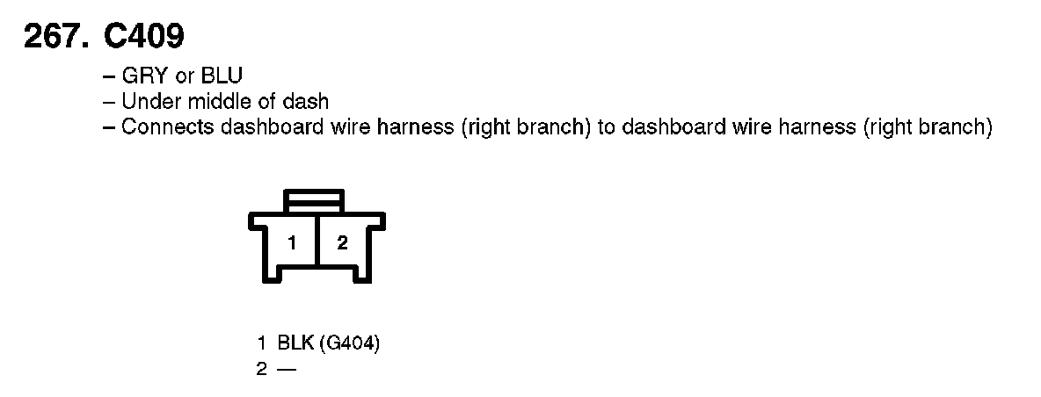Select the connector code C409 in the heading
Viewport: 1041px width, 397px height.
(x=143, y=36)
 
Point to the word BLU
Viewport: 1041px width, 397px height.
(x=222, y=76)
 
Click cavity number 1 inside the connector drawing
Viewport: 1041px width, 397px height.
(x=290, y=243)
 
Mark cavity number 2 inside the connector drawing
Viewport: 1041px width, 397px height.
(x=343, y=243)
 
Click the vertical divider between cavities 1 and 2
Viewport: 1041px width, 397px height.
(x=317, y=243)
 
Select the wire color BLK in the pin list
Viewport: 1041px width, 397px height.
(x=295, y=344)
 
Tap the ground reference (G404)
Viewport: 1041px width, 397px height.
(x=349, y=344)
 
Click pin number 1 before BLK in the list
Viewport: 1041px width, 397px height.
(x=261, y=344)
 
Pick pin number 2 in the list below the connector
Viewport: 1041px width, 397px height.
(x=261, y=369)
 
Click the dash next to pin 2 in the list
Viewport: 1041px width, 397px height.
(x=286, y=369)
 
